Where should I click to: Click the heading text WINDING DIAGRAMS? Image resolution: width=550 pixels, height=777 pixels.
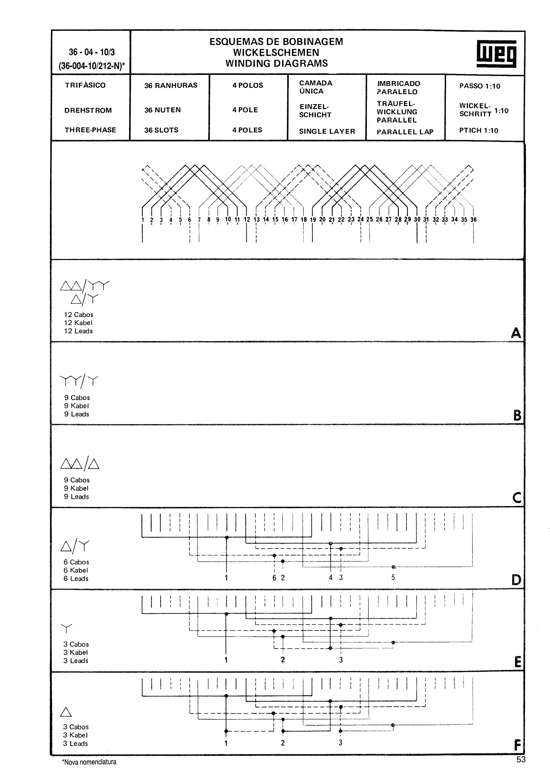click(277, 63)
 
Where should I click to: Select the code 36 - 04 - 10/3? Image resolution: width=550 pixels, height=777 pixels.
click(92, 52)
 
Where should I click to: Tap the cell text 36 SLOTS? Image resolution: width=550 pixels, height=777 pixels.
click(161, 130)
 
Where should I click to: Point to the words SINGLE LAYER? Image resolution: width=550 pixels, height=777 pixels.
click(327, 131)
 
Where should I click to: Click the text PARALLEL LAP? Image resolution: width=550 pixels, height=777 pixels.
click(405, 132)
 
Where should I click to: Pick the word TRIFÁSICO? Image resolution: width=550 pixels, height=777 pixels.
click(85, 85)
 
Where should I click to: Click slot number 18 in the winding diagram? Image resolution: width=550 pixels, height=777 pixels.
click(304, 220)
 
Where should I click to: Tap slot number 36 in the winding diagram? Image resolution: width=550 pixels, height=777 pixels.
click(473, 220)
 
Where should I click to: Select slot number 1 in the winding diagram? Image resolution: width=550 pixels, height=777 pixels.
click(143, 220)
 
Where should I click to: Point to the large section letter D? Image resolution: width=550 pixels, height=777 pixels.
click(516, 580)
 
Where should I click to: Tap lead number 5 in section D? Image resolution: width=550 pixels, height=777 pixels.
click(393, 577)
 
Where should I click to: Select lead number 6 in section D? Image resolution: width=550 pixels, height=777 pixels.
click(274, 578)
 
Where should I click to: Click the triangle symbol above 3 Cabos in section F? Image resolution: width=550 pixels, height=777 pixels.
click(66, 712)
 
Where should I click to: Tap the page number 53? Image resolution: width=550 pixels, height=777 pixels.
click(521, 759)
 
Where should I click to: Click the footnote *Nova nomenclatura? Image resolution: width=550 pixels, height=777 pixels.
click(89, 762)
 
